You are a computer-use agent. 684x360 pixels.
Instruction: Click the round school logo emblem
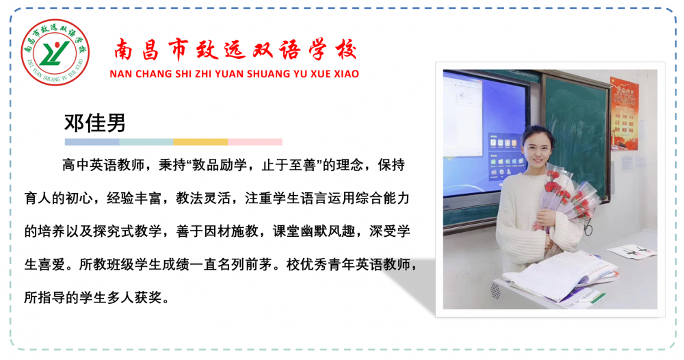pyautogui.click(x=55, y=52)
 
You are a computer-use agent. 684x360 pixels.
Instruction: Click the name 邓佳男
pyautogui.click(x=94, y=123)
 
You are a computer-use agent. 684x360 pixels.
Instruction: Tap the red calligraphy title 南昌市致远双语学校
pyautogui.click(x=235, y=49)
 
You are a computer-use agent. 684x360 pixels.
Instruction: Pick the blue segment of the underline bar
pyautogui.click(x=92, y=142)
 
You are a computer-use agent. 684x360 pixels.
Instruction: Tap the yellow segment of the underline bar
pyautogui.click(x=200, y=142)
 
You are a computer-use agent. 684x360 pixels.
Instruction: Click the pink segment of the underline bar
pyautogui.click(x=254, y=142)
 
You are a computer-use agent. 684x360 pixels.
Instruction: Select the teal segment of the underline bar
pyautogui.click(x=146, y=142)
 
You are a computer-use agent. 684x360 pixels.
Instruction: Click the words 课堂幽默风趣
pyautogui.click(x=314, y=231)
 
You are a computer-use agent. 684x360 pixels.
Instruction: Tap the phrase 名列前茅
pyautogui.click(x=245, y=264)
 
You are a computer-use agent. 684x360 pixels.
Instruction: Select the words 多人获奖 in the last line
pyautogui.click(x=134, y=298)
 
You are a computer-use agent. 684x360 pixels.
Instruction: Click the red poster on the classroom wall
pyautogui.click(x=624, y=114)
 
